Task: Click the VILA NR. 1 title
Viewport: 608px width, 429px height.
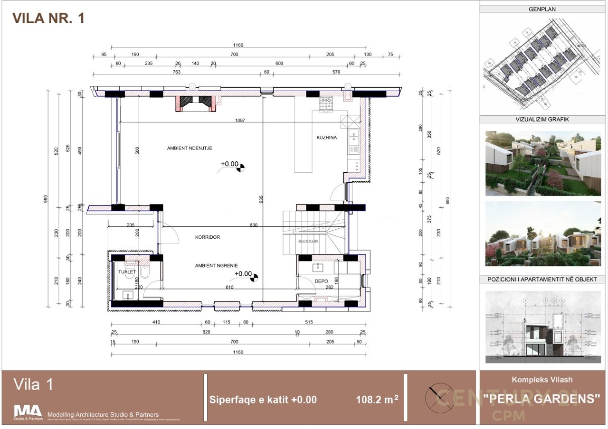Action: (x=48, y=18)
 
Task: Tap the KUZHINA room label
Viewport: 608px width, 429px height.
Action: (x=326, y=138)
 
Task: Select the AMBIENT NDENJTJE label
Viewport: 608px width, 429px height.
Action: (x=190, y=149)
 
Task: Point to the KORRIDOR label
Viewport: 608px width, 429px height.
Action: (x=208, y=237)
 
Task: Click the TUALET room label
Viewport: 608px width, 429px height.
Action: (x=127, y=272)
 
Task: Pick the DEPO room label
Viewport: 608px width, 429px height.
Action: (x=321, y=281)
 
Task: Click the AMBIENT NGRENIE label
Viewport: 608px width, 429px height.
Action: (x=216, y=266)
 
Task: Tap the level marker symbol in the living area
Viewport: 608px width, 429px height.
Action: (x=242, y=166)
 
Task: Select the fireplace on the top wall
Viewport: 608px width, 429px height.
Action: (x=196, y=103)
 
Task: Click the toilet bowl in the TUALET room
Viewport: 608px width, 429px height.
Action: (x=145, y=272)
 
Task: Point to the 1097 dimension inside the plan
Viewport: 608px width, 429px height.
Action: (x=239, y=121)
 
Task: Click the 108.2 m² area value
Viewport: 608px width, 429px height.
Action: (x=377, y=400)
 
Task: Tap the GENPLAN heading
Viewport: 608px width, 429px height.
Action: (x=542, y=9)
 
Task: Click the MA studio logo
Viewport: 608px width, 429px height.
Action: (x=28, y=411)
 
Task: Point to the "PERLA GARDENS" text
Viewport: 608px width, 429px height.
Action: (x=541, y=399)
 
